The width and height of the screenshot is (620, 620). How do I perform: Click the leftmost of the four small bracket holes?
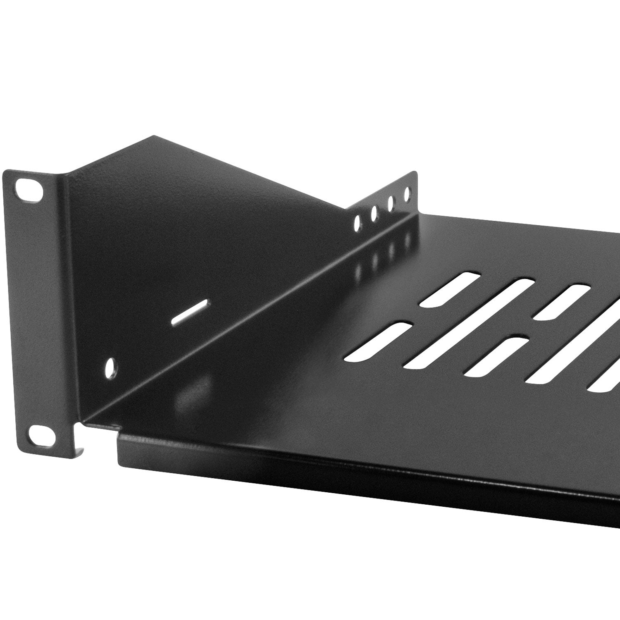pyautogui.click(x=357, y=224)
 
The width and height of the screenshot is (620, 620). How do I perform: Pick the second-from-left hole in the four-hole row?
pyautogui.click(x=374, y=214)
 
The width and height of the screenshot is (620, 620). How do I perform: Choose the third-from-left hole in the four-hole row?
pyautogui.click(x=391, y=203)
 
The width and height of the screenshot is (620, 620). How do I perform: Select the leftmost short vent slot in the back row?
pyautogui.click(x=449, y=289)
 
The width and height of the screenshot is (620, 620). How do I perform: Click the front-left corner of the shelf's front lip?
pyautogui.click(x=119, y=436)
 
